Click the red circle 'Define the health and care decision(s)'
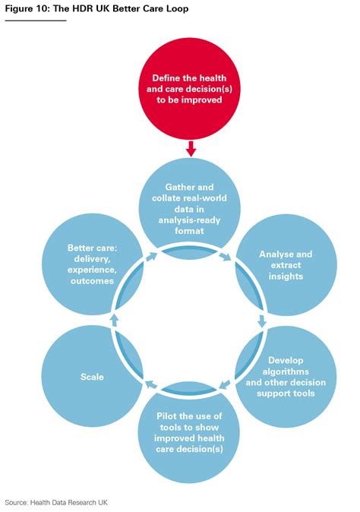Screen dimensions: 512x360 191,90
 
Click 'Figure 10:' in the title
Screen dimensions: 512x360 26,8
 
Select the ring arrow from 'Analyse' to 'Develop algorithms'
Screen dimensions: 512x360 263,321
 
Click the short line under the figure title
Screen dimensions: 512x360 36,20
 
